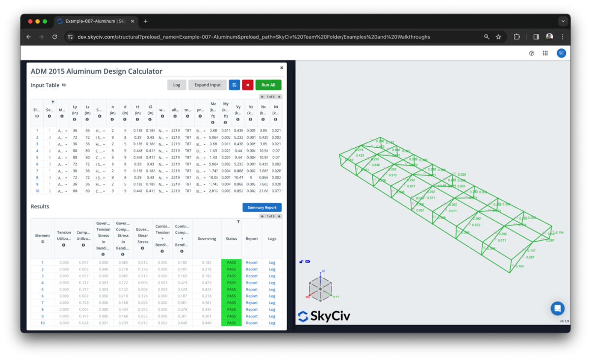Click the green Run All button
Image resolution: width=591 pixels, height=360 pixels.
(268, 85)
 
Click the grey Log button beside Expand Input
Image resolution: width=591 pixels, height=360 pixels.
(176, 85)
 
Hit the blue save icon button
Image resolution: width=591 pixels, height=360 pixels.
(234, 85)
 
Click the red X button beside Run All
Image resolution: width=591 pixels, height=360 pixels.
(247, 85)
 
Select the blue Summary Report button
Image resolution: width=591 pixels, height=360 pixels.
(262, 207)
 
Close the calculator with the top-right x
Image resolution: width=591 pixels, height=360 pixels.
(282, 68)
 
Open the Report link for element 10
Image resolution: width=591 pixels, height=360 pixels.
(252, 323)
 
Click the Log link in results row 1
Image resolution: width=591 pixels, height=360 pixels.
(272, 262)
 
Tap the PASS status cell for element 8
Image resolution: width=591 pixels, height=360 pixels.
(231, 310)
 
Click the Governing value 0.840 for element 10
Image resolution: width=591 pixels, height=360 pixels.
(207, 323)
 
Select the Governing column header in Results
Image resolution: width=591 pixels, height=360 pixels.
(207, 239)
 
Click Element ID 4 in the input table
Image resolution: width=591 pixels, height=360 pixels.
(37, 151)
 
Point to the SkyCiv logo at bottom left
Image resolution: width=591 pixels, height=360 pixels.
(324, 316)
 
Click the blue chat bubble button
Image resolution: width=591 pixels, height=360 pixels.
(558, 308)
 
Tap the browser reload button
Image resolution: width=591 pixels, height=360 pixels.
(55, 37)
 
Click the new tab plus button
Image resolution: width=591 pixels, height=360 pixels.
(146, 21)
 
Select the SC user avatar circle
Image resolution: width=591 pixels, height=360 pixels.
(561, 53)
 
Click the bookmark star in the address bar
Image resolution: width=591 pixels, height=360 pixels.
(498, 37)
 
